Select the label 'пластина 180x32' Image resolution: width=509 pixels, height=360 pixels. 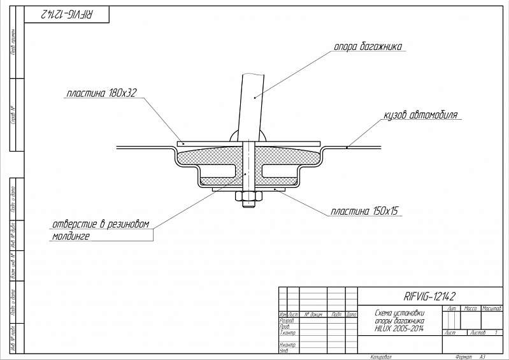pyautogui.click(x=102, y=94)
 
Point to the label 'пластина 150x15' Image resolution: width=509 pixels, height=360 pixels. pyautogui.click(x=364, y=210)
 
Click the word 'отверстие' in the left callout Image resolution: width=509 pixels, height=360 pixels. pyautogui.click(x=75, y=224)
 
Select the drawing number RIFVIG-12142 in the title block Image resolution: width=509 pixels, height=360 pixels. pyautogui.click(x=430, y=296)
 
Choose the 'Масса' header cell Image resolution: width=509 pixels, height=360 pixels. pyautogui.click(x=471, y=308)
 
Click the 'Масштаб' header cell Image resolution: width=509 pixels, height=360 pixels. pyautogui.click(x=492, y=308)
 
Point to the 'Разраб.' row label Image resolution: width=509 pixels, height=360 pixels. pyautogui.click(x=287, y=320)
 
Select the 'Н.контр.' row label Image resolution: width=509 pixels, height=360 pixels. pyautogui.click(x=288, y=345)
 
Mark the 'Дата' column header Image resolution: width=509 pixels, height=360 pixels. pyautogui.click(x=351, y=315)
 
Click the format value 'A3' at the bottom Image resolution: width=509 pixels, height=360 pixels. pyautogui.click(x=482, y=357)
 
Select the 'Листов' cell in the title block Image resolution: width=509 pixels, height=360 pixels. pyautogui.click(x=477, y=333)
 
